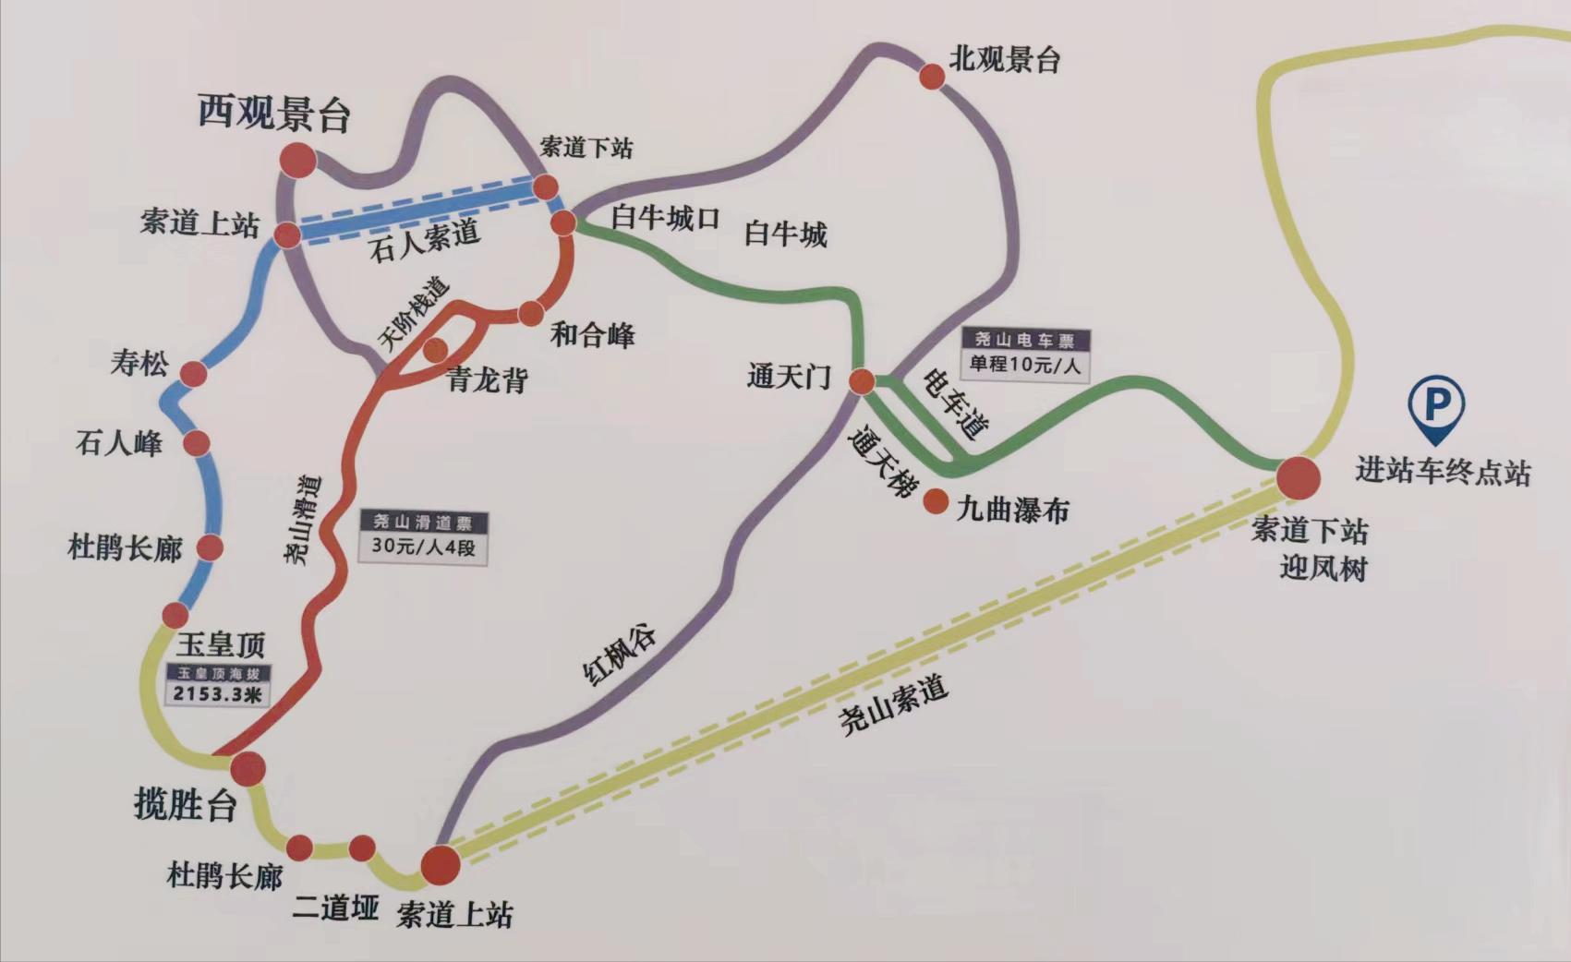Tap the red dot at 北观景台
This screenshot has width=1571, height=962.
click(932, 76)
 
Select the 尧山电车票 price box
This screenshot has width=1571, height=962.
click(1024, 354)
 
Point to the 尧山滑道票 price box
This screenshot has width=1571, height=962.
click(422, 535)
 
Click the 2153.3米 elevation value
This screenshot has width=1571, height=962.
click(218, 694)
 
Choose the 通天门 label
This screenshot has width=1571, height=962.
click(789, 377)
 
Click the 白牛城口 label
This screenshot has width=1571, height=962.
click(665, 218)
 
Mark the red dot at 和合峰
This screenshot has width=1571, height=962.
click(531, 313)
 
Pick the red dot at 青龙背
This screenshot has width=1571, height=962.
click(434, 349)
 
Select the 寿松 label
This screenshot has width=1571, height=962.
click(139, 363)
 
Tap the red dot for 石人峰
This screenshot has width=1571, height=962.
click(196, 443)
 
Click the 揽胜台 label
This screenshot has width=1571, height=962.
click(185, 805)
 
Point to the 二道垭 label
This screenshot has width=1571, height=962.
click(335, 908)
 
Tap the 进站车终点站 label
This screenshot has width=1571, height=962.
click(1443, 471)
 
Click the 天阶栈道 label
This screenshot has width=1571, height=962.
click(413, 312)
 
